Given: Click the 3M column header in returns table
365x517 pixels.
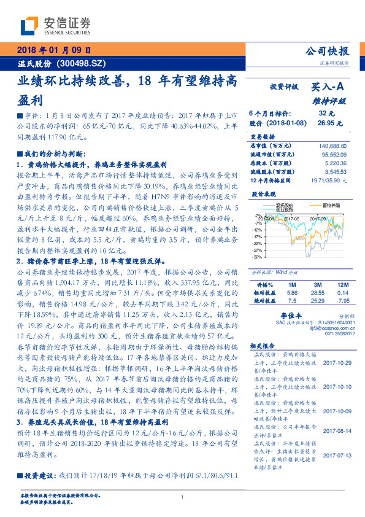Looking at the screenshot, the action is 317,285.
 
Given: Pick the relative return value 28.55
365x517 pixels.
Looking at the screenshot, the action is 317,293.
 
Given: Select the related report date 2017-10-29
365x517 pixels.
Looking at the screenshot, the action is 337,363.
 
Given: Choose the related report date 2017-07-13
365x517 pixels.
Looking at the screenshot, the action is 337,455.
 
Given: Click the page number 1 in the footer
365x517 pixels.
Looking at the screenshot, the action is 183,497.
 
